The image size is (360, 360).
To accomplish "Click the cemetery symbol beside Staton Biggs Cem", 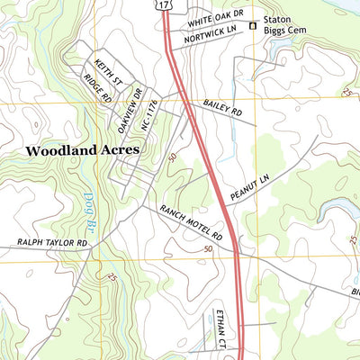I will [x=253, y=26].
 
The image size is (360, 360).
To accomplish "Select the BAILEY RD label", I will [x=223, y=109].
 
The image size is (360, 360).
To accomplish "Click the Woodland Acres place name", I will [x=82, y=151].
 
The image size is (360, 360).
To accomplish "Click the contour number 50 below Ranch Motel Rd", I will [x=211, y=248].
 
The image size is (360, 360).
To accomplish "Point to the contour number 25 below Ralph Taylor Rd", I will [x=112, y=278].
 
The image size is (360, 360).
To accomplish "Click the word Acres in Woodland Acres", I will [x=120, y=151].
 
